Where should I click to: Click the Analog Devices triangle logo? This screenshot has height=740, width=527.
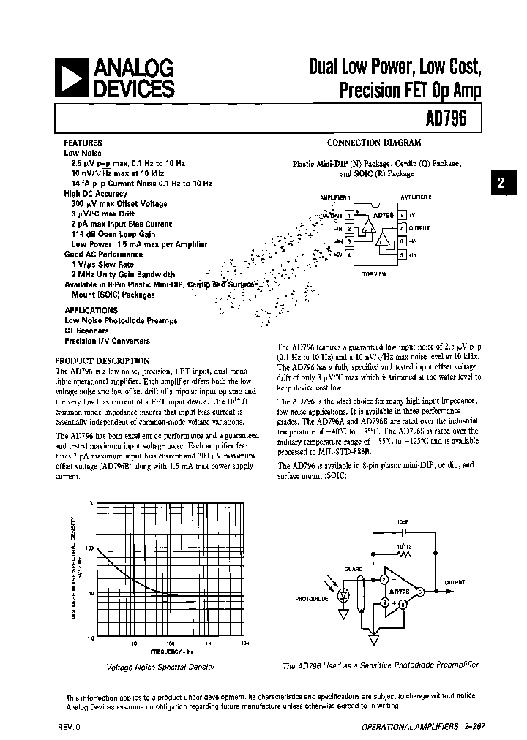pyautogui.click(x=73, y=78)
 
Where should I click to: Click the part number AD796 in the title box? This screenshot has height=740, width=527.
pyautogui.click(x=445, y=118)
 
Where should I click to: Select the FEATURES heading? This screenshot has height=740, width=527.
pyautogui.click(x=83, y=143)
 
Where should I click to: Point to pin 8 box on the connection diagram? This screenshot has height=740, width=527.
pyautogui.click(x=402, y=216)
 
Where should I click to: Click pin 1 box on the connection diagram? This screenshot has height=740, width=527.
pyautogui.click(x=349, y=216)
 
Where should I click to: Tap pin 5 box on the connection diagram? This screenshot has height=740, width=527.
pyautogui.click(x=402, y=254)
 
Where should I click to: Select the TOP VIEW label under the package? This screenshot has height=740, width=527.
pyautogui.click(x=375, y=273)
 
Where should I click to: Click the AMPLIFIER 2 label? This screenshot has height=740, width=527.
pyautogui.click(x=416, y=197)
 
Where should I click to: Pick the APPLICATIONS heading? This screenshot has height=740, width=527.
pyautogui.click(x=91, y=310)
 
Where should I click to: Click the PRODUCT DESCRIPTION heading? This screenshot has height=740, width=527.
pyautogui.click(x=102, y=360)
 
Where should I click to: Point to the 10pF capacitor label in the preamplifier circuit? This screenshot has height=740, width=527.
pyautogui.click(x=403, y=522)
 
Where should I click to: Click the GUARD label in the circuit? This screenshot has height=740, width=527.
pyautogui.click(x=354, y=568)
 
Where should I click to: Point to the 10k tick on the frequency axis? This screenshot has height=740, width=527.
pyautogui.click(x=245, y=643)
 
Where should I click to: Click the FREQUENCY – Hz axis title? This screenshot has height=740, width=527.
pyautogui.click(x=172, y=651)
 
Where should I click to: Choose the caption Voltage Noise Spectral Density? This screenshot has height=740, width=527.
pyautogui.click(x=160, y=667)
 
